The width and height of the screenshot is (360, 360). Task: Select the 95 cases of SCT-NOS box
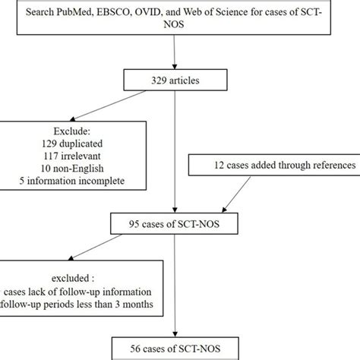tap(176, 224)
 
